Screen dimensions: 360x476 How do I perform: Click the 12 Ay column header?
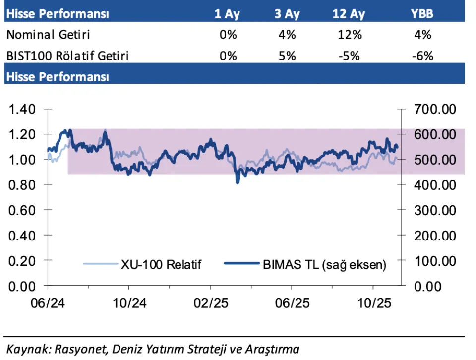click(349, 14)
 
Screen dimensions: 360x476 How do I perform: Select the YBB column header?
click(422, 14)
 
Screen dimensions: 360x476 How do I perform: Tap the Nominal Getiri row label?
click(49, 35)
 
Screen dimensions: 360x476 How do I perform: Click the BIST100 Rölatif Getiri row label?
click(67, 56)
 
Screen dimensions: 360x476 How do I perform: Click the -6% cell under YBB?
click(422, 56)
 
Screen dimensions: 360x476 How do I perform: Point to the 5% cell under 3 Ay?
click(287, 56)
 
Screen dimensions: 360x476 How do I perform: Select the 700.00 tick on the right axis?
click(435, 109)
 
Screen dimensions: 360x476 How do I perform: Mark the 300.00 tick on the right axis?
click(435, 210)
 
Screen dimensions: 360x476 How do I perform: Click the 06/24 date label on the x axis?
click(47, 302)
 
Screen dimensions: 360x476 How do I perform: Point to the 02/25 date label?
click(210, 302)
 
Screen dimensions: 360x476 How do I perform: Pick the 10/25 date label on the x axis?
click(373, 302)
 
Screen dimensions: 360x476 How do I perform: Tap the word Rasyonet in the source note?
click(70, 349)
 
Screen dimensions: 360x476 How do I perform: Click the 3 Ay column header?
click(287, 14)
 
